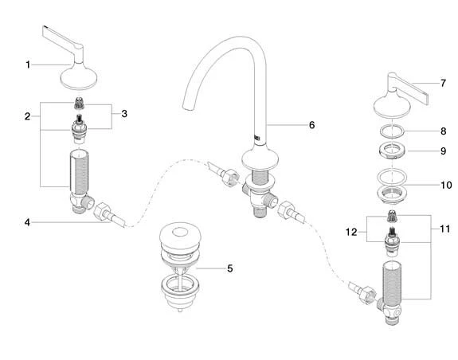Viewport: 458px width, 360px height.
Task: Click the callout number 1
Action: point(28,65)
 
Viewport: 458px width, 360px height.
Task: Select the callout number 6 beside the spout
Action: point(312,125)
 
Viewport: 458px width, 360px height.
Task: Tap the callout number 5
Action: point(230,268)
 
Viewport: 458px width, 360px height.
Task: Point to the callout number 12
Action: point(351,232)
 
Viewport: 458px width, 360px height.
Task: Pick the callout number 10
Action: point(446,185)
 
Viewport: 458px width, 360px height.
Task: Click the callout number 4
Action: point(27,222)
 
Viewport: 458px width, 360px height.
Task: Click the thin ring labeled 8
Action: point(392,131)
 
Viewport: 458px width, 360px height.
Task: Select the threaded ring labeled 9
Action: point(392,151)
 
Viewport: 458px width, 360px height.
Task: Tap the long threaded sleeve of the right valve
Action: point(392,281)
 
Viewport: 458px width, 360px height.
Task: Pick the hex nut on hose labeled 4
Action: point(102,211)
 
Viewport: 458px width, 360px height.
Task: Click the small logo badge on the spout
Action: point(257,137)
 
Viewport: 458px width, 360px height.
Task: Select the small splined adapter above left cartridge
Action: point(78,104)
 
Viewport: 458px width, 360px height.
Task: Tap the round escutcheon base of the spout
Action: point(260,158)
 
